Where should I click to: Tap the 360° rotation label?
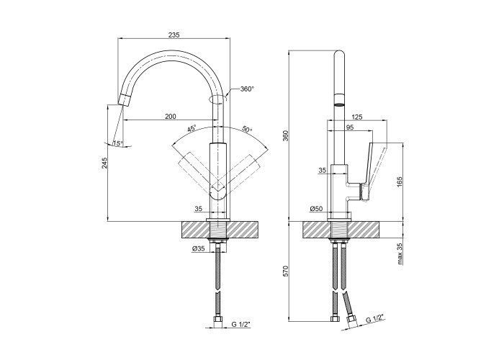248,89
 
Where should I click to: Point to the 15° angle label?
118,143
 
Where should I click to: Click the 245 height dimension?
104,164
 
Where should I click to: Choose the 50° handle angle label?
246,130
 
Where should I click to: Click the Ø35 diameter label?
199,249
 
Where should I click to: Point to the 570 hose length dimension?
286,271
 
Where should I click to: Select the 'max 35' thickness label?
399,254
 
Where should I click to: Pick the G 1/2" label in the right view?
376,318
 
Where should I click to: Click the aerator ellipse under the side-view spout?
338,105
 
